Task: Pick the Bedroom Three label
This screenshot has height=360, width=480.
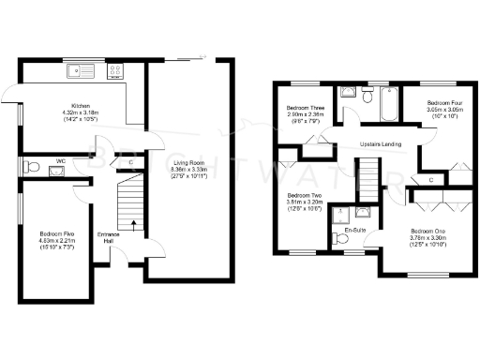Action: point(304,113)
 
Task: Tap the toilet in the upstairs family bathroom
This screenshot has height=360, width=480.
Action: point(368,97)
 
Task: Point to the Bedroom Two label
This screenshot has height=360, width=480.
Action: point(304,202)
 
